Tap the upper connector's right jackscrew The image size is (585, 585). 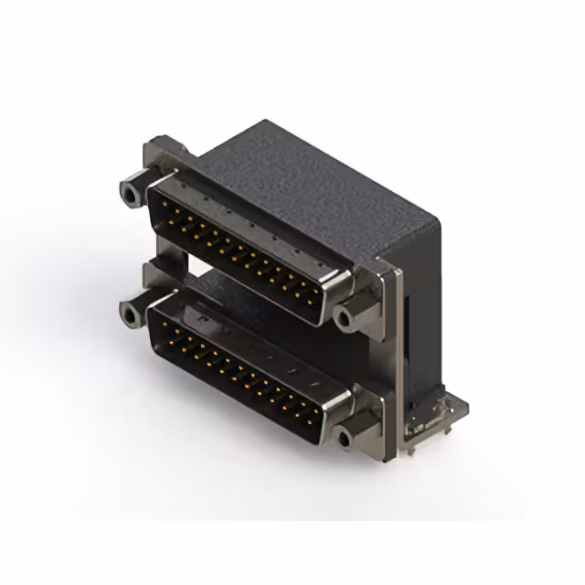pos(346,317)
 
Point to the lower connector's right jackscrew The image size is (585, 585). pos(345,439)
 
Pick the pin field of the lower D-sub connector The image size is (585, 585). pos(239,370)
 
